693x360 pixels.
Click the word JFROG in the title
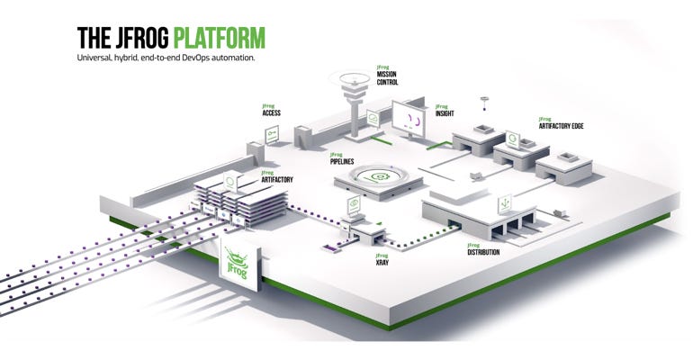(140, 38)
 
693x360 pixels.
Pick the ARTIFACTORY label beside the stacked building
(277, 177)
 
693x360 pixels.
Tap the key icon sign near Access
(271, 134)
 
